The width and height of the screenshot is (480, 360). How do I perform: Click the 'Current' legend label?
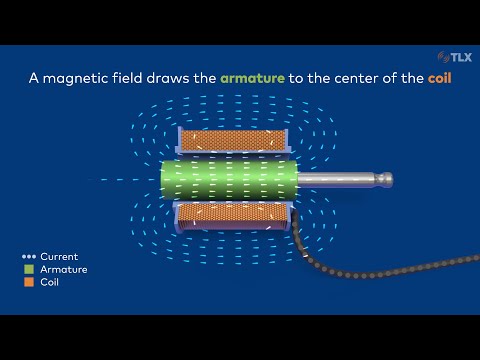tap(59, 257)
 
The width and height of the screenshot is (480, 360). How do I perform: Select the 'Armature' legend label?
tap(64, 270)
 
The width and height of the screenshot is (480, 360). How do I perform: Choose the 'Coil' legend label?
tap(51, 283)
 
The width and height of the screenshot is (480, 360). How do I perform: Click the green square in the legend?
tap(30, 270)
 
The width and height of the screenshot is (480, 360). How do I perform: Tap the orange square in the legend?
tap(30, 283)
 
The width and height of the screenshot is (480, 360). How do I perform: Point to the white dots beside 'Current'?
tap(30, 257)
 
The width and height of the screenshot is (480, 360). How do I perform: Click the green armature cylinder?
tap(230, 180)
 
